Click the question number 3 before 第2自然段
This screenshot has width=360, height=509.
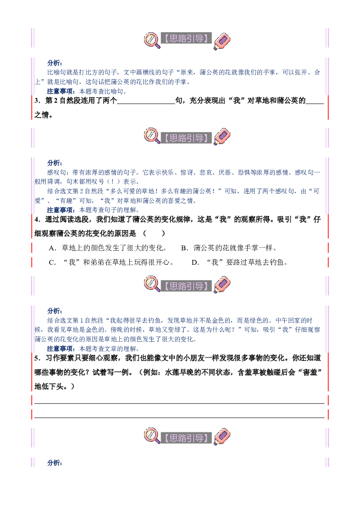click(x=37, y=101)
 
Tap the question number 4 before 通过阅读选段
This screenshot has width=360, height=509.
click(x=37, y=220)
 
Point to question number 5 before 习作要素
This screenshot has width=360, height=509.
click(x=37, y=358)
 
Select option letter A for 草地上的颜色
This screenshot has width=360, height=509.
click(x=52, y=248)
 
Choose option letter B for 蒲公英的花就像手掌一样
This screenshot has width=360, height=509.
click(x=185, y=248)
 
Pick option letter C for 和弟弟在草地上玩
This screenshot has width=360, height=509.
click(x=52, y=263)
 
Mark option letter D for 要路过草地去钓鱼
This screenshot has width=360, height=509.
click(x=195, y=263)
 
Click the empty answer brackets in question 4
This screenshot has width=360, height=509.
click(x=154, y=233)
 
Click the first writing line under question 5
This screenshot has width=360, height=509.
click(x=179, y=403)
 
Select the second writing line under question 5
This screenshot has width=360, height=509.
click(x=179, y=418)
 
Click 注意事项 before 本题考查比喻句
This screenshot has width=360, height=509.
click(x=61, y=91)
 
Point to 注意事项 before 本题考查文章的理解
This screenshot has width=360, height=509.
click(x=61, y=349)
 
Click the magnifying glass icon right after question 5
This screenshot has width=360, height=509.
click(x=152, y=436)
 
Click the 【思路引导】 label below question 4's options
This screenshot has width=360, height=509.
click(x=186, y=286)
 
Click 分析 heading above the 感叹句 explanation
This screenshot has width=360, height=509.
click(x=54, y=163)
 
